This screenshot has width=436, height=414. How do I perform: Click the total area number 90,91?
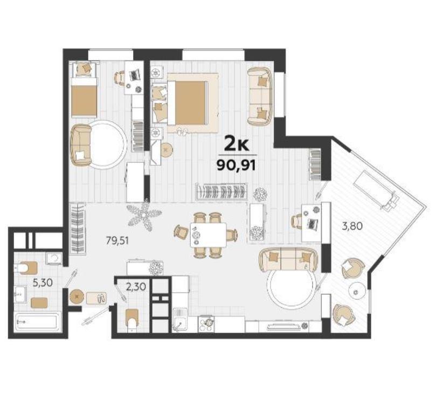(x=236, y=165)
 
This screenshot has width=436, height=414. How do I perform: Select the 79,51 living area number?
(x=117, y=240)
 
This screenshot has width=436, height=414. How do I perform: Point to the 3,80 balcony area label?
(x=352, y=226)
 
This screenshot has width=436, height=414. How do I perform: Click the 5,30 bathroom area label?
(x=43, y=283)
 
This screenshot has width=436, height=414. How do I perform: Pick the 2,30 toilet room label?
(x=136, y=286)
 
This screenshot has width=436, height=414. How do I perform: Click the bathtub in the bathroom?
(x=37, y=322)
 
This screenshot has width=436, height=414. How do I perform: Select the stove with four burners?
(x=207, y=323)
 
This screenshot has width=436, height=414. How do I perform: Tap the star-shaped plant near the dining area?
(x=144, y=216)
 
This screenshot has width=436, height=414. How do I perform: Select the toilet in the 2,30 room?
(x=132, y=320)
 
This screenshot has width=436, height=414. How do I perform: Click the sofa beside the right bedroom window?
(x=260, y=95)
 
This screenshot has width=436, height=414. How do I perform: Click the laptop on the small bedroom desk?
(x=135, y=74)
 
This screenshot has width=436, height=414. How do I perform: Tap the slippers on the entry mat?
(x=102, y=298)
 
